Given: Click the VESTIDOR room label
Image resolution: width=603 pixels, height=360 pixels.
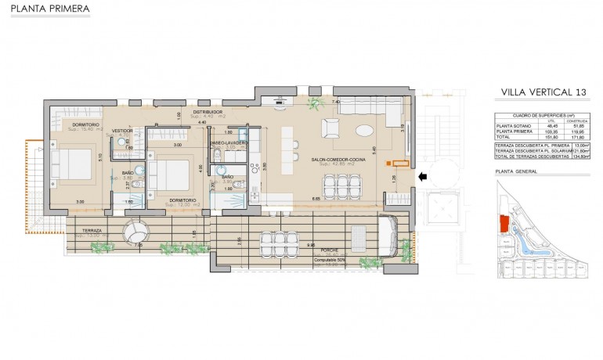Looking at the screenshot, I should pyautogui.click(x=122, y=131).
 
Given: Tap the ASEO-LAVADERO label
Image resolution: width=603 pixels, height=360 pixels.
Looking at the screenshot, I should pyautogui.click(x=229, y=144).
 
